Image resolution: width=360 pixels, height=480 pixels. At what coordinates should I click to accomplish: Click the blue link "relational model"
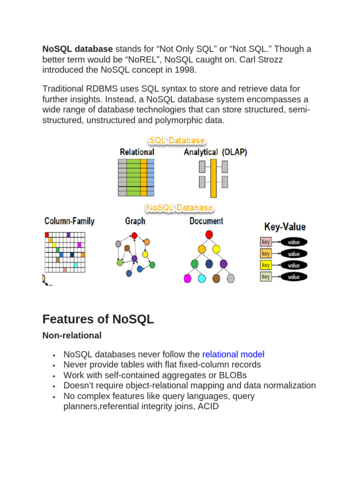click(233, 354)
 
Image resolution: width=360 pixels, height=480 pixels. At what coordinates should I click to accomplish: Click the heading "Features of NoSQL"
click(98, 319)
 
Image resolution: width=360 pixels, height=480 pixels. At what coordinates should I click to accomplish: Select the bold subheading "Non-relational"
click(72, 336)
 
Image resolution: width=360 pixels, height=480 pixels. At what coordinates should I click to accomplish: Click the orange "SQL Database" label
click(177, 140)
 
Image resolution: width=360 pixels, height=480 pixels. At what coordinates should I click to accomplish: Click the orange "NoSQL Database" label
click(180, 207)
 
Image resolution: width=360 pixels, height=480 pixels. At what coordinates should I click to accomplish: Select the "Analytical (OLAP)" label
click(215, 152)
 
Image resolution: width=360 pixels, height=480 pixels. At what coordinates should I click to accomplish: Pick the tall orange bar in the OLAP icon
click(213, 178)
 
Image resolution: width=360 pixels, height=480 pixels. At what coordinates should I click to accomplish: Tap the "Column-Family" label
click(69, 221)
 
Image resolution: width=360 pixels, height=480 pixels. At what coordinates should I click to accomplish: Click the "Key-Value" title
click(285, 227)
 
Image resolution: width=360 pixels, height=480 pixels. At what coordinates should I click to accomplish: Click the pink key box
click(266, 242)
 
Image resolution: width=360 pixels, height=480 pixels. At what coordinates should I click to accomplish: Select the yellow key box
click(266, 265)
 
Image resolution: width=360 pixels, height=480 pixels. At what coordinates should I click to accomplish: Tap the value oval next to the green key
click(294, 277)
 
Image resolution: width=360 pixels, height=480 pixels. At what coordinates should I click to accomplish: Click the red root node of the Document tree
click(209, 234)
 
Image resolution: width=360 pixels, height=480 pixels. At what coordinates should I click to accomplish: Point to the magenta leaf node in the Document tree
click(187, 278)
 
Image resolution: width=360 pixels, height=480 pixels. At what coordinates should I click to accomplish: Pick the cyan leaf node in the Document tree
click(202, 278)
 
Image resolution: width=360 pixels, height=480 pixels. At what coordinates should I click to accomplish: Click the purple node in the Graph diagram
click(135, 258)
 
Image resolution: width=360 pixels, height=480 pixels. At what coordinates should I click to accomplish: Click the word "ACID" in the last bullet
click(208, 406)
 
